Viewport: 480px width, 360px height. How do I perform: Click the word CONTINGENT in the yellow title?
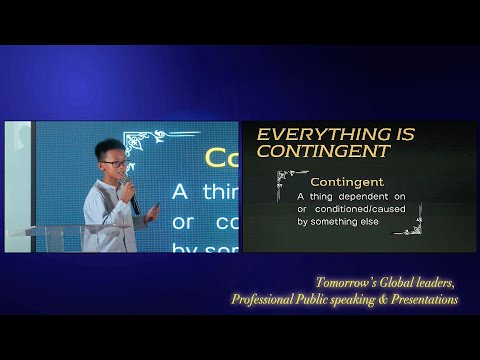(x=310, y=151)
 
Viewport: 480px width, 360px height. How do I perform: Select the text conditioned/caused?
(x=358, y=209)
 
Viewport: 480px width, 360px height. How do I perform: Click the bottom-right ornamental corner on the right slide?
(x=407, y=229)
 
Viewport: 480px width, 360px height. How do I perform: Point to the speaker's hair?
(x=108, y=148)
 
